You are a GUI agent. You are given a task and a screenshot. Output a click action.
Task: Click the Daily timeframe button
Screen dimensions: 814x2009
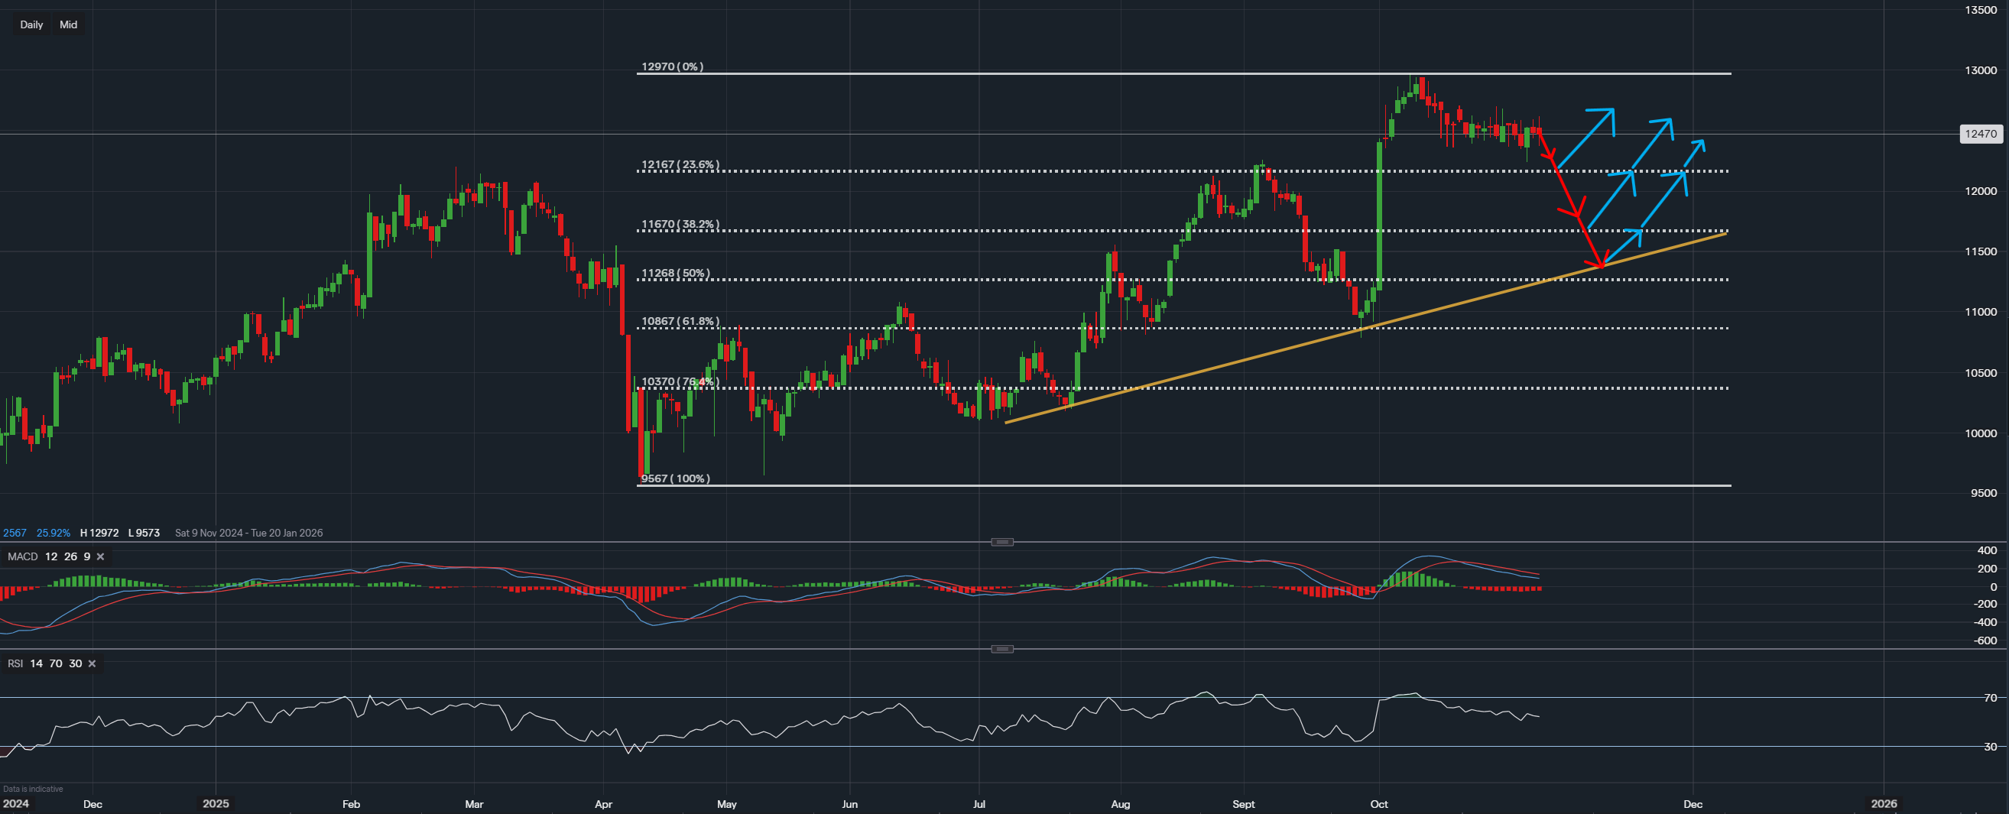point(31,25)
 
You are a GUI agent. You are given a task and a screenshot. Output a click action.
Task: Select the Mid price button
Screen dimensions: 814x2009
point(69,25)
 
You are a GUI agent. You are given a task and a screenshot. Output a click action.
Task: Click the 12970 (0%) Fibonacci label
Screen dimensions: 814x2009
point(671,67)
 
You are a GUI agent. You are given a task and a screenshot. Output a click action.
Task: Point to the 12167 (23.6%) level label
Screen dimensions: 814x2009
point(680,165)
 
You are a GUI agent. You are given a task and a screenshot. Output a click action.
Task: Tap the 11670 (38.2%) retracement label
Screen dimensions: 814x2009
point(680,225)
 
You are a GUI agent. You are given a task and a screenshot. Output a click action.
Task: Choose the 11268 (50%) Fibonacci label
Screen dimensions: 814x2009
point(675,274)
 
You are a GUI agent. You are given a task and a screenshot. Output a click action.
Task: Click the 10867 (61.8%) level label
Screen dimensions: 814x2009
point(680,321)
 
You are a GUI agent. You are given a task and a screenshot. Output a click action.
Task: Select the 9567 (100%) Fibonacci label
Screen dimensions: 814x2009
point(675,478)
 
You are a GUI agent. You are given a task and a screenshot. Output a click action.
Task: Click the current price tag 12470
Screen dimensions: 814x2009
point(1980,134)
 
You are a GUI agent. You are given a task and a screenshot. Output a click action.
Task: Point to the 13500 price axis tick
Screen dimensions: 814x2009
point(1980,10)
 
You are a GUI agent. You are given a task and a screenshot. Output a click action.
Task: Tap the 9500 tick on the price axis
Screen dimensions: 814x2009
point(1983,493)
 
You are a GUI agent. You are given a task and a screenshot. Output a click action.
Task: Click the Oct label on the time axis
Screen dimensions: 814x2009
point(1379,804)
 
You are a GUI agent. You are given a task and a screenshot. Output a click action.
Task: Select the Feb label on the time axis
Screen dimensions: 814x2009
point(351,804)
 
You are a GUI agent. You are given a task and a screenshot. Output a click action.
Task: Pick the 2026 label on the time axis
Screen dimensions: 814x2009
point(1884,804)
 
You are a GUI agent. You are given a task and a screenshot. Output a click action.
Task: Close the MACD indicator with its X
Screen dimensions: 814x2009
point(101,556)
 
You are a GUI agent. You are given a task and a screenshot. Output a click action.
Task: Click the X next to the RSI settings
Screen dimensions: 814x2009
point(92,663)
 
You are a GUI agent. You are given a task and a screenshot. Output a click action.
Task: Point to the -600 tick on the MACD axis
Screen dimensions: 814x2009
point(1985,641)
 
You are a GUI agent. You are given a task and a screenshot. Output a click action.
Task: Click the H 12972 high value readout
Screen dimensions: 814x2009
point(99,533)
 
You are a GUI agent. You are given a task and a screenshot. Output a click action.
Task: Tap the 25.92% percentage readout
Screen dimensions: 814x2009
point(53,533)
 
